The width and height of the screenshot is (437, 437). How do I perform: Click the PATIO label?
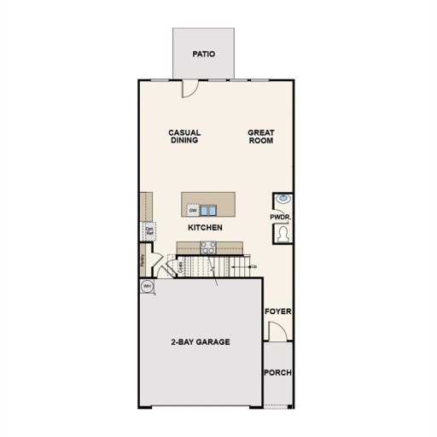[x=203, y=54]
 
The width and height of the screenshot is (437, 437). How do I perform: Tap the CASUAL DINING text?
[x=184, y=137]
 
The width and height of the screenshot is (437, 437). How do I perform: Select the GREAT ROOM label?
[x=259, y=137]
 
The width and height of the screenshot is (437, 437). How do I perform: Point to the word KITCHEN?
[x=206, y=228]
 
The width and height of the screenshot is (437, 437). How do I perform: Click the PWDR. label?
[x=281, y=218]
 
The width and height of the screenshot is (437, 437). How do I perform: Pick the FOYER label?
[x=278, y=312]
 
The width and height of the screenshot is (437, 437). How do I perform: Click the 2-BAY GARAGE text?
[x=201, y=342]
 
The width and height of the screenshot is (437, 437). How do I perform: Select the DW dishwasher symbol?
[x=193, y=210]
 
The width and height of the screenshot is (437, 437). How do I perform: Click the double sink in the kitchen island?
[x=210, y=209]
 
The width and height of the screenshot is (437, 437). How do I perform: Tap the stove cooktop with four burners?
[x=207, y=248]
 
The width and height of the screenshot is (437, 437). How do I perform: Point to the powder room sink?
[x=282, y=201]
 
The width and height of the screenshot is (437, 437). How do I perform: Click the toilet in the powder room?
[x=282, y=233]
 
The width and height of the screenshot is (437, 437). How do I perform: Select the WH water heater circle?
[x=147, y=287]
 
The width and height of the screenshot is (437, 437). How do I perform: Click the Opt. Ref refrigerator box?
[x=149, y=230]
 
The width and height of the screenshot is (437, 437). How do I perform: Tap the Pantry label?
[x=142, y=259]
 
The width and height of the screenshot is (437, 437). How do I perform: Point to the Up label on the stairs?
[x=253, y=268]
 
